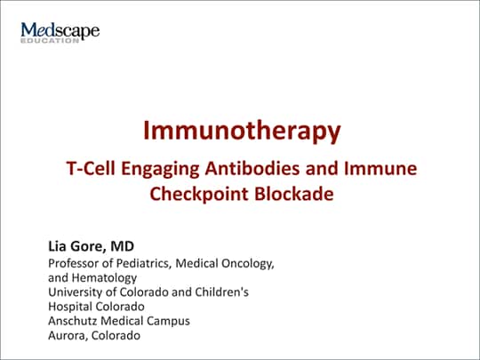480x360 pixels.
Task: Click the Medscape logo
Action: click(60, 32)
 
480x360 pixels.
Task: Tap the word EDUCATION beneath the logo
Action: click(50, 41)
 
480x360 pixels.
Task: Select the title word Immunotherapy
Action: click(242, 131)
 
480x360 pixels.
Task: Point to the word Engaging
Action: click(160, 169)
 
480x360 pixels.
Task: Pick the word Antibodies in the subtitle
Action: click(252, 168)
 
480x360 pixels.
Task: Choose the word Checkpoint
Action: click(199, 195)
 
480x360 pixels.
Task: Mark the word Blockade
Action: click(294, 194)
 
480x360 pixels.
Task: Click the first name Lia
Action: click(57, 246)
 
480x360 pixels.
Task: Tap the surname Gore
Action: click(88, 246)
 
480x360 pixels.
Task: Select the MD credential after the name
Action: click(122, 246)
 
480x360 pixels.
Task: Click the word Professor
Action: click(73, 263)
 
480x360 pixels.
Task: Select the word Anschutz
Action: click(73, 321)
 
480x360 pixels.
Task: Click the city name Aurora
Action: click(68, 336)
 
